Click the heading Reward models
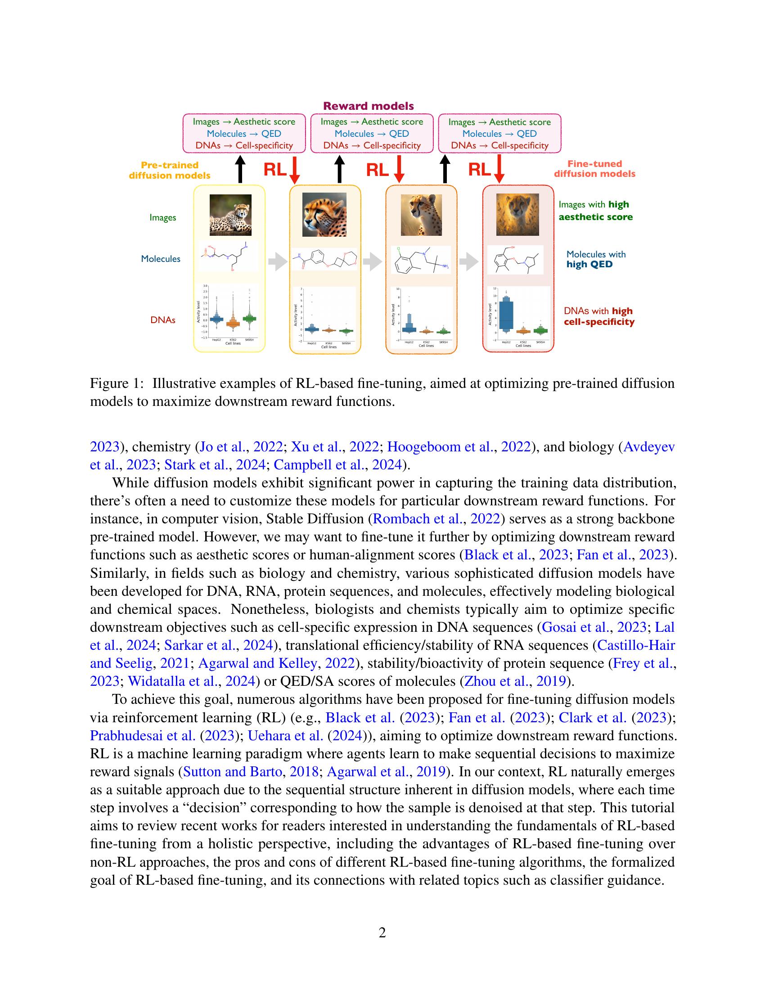click(x=369, y=106)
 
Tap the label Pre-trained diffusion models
click(x=170, y=170)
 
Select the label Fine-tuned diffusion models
click(x=594, y=169)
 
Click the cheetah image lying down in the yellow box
click(x=230, y=215)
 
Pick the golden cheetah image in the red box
click(x=517, y=214)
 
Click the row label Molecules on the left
click(x=161, y=259)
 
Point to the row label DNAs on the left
click(x=163, y=320)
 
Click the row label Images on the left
click(x=163, y=218)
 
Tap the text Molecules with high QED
click(x=595, y=259)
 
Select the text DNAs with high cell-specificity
click(x=598, y=316)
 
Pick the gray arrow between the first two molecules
click(x=277, y=261)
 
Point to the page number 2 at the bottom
click(x=382, y=933)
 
